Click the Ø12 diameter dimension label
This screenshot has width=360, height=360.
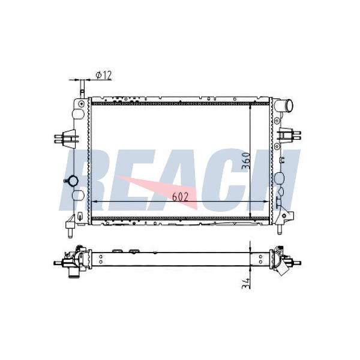tap(104, 75)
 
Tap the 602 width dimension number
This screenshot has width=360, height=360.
tap(180, 197)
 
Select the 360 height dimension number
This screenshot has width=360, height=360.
tap(246, 160)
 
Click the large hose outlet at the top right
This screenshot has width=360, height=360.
tap(286, 106)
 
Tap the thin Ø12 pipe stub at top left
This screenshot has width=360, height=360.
tap(82, 89)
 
